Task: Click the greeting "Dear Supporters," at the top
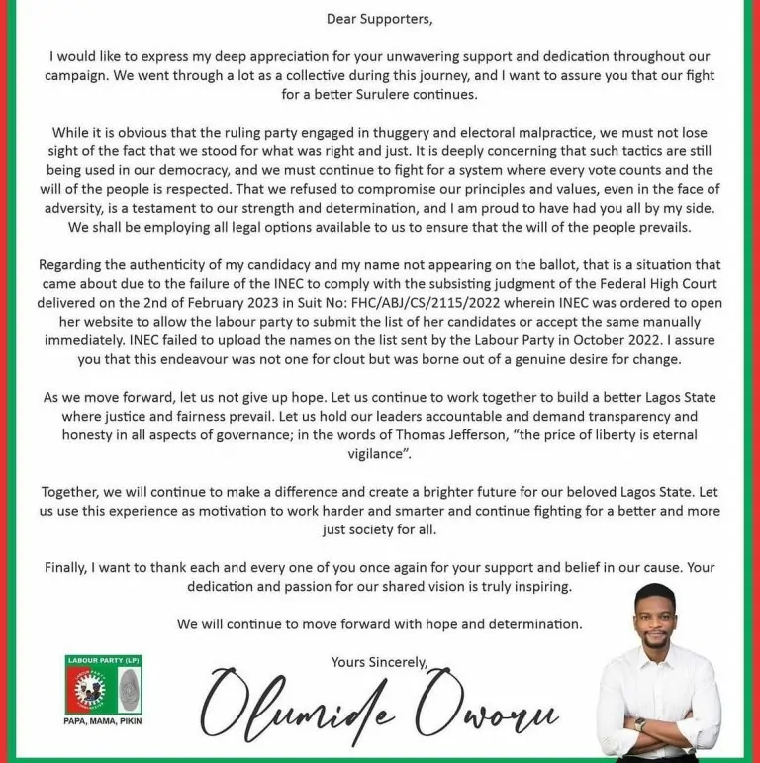pos(380,18)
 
